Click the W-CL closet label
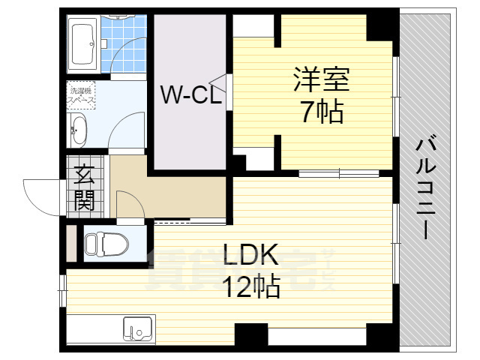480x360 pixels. [x=190, y=94]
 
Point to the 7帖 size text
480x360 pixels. [x=322, y=112]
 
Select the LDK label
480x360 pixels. [x=250, y=255]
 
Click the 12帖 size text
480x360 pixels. [x=250, y=286]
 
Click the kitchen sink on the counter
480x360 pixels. [x=138, y=328]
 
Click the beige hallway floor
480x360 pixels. [x=180, y=195]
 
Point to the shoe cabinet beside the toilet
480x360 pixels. [x=71, y=241]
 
